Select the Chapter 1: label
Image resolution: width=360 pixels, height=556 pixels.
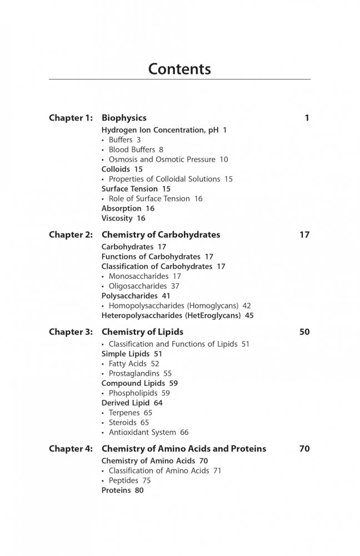71,118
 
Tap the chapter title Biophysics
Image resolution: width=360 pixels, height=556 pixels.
124,118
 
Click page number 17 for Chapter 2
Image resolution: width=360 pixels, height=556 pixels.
304,235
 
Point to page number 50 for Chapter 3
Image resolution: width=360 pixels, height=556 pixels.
304,332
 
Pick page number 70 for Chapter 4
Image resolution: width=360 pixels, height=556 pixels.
304,449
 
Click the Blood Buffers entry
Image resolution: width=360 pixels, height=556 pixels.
132,150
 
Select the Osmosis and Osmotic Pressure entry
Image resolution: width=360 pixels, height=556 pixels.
162,159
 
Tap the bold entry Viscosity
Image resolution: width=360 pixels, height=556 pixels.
117,218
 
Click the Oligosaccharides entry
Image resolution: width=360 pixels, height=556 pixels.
138,286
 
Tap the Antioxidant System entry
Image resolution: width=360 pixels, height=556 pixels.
142,432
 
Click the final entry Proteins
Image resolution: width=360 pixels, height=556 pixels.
116,490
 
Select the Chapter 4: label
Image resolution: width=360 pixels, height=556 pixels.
71,449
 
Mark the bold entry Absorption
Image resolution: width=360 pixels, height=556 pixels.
121,208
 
